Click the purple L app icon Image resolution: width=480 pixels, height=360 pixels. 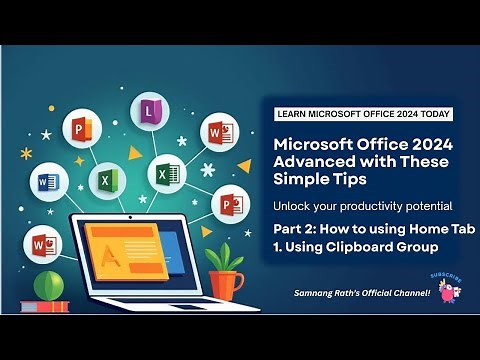pyautogui.click(x=150, y=111)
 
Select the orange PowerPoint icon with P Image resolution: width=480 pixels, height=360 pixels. pyautogui.click(x=78, y=130)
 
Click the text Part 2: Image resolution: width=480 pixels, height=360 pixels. pyautogui.click(x=298, y=230)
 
